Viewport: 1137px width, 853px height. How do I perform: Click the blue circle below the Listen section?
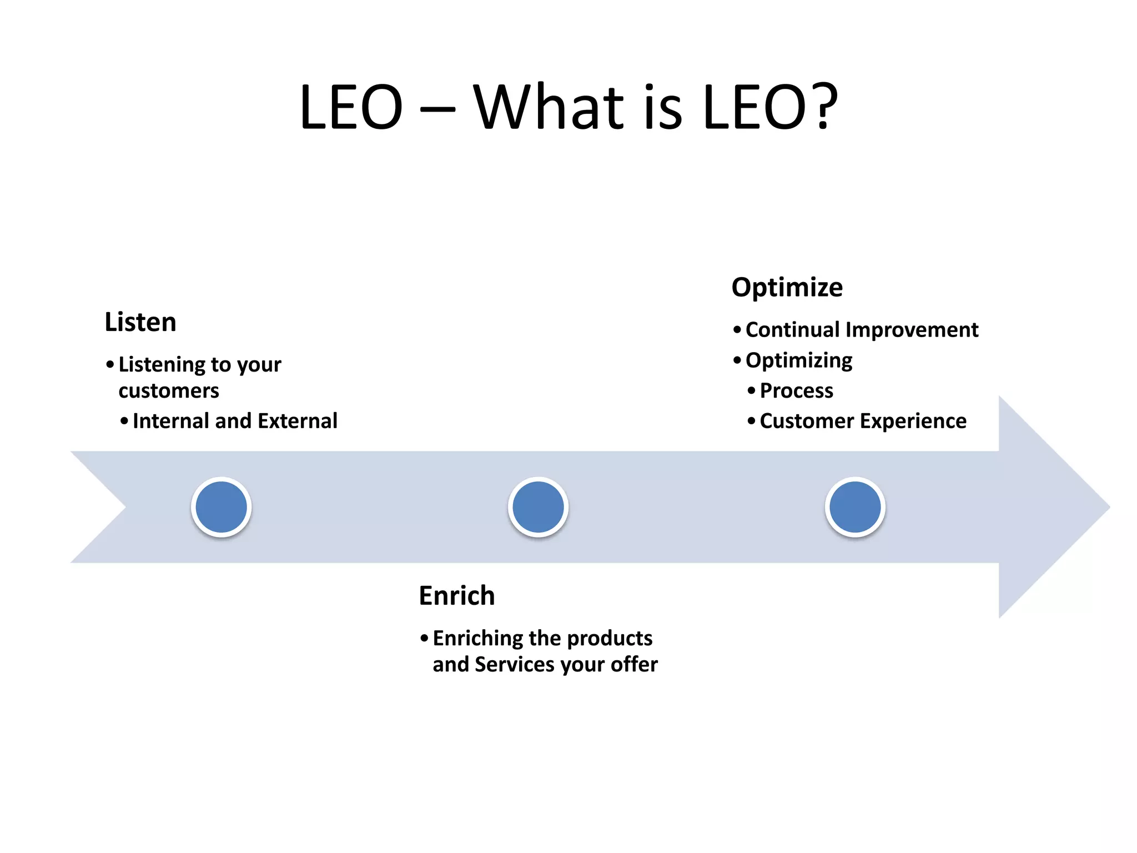222,507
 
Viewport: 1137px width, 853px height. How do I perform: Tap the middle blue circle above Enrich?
538,507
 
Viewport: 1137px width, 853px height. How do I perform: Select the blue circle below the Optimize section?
855,507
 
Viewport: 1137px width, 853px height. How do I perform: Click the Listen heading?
140,322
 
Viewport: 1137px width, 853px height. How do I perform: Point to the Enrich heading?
456,596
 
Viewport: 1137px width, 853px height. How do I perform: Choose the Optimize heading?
787,287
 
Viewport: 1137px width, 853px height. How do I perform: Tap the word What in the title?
549,107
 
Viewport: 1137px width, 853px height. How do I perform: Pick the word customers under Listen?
169,391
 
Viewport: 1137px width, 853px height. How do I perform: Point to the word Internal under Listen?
171,421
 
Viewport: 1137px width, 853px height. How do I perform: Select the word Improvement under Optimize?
912,330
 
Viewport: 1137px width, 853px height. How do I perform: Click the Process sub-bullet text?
796,391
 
